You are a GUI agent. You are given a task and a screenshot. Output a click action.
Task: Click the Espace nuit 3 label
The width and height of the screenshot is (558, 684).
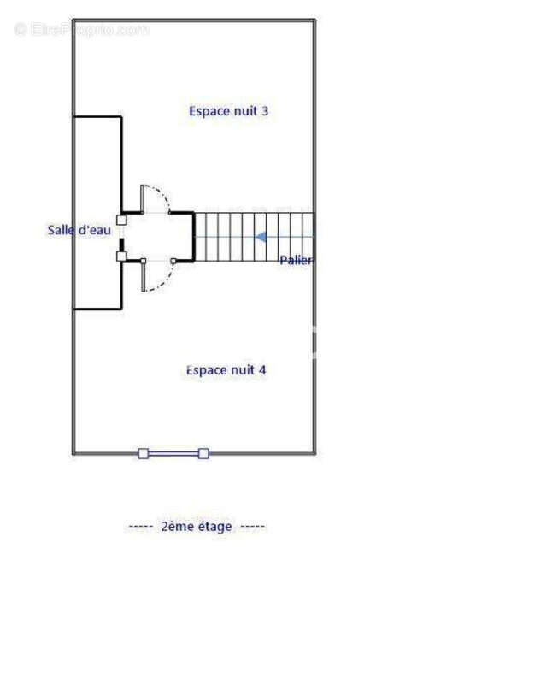click(228, 111)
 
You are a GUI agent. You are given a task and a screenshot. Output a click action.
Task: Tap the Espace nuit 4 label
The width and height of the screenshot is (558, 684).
click(226, 370)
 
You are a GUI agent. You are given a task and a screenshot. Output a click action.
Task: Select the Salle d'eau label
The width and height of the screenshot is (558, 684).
click(79, 230)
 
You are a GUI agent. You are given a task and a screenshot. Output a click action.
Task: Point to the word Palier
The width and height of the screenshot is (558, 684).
click(296, 261)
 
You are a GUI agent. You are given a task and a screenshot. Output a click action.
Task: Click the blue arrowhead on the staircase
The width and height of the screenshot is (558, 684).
click(261, 238)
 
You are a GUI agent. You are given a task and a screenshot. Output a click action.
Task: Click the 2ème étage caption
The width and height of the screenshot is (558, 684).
click(197, 527)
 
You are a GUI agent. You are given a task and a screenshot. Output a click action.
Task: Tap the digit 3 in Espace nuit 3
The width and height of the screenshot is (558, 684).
click(265, 111)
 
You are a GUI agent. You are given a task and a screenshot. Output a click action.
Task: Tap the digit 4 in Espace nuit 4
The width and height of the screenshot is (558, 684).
click(262, 370)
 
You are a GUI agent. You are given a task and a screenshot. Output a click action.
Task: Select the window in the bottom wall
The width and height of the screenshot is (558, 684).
click(173, 454)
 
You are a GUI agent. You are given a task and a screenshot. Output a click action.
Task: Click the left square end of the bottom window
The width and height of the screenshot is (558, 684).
click(143, 454)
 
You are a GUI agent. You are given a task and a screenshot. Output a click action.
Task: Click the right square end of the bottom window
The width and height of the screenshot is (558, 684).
click(203, 454)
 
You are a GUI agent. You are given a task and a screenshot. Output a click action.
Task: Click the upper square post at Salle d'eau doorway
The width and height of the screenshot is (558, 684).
click(121, 220)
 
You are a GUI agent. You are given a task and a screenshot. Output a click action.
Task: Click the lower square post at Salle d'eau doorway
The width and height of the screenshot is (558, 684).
click(121, 256)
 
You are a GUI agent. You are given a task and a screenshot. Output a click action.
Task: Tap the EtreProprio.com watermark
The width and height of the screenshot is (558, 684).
click(82, 30)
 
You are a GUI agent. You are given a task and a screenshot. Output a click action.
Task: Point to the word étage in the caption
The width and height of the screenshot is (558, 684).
click(214, 527)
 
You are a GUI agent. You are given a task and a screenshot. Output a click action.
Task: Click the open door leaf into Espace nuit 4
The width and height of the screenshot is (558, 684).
click(143, 276)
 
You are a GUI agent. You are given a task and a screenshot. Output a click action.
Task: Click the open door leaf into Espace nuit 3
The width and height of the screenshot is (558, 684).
click(142, 199)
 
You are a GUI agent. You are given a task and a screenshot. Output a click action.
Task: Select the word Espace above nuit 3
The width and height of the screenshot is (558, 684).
click(209, 112)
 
